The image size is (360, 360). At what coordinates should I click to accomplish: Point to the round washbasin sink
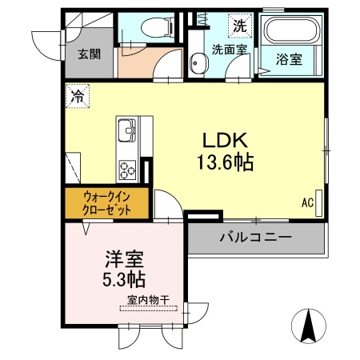click(x=195, y=61)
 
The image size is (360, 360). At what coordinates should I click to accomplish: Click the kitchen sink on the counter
click(x=127, y=130)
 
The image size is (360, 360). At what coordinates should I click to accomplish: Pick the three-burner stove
click(x=128, y=168)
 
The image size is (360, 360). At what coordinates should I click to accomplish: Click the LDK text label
click(x=225, y=137)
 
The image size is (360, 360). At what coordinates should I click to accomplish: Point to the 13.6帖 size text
click(x=225, y=162)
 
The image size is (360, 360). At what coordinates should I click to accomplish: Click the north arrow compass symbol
click(x=308, y=326)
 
